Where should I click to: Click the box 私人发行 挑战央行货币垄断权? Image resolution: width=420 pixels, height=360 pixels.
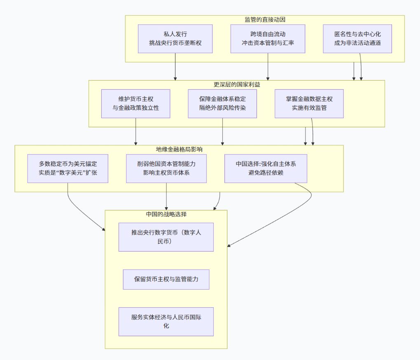[x=175, y=39]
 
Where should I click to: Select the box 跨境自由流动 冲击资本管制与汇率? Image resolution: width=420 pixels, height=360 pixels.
[x=268, y=39]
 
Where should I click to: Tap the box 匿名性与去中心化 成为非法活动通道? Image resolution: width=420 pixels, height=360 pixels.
[x=357, y=39]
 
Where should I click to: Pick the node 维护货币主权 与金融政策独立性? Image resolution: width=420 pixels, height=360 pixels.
[x=135, y=104]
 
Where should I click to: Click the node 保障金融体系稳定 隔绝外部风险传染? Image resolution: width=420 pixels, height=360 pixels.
[x=222, y=104]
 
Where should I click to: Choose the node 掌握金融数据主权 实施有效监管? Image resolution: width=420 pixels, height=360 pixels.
[x=309, y=104]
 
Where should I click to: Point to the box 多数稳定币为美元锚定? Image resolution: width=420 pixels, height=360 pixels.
[x=68, y=168]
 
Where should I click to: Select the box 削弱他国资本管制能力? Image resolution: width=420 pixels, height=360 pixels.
[x=166, y=168]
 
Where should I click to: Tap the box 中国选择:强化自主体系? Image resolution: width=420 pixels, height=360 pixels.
[x=266, y=168]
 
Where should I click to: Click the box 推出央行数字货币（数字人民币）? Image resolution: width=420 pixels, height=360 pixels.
[x=166, y=237]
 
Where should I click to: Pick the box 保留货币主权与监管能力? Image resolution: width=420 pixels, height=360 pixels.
[x=166, y=279]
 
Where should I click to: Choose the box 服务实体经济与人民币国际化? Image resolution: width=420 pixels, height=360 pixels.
[x=166, y=322]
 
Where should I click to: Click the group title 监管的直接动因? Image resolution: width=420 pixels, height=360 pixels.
[x=265, y=19]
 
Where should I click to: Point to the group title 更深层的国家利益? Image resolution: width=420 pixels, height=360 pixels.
[x=237, y=84]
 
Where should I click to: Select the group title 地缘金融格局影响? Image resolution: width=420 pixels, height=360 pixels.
[x=179, y=149]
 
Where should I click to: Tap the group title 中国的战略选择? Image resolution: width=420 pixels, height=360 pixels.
[x=166, y=214]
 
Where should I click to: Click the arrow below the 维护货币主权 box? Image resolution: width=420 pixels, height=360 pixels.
[x=136, y=132]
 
